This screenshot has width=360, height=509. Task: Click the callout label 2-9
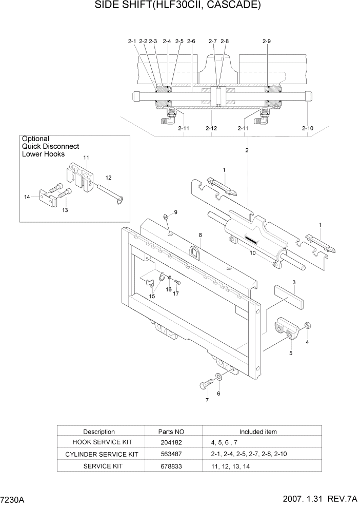(x=266, y=41)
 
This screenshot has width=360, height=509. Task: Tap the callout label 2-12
(x=211, y=128)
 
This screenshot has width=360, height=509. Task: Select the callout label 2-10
(x=307, y=128)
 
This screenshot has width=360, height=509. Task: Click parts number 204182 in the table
(x=170, y=442)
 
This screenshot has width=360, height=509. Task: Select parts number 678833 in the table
(x=170, y=465)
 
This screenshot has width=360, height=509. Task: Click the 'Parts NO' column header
(x=170, y=432)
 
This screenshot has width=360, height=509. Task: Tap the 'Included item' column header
(x=258, y=432)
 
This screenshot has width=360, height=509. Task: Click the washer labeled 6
(x=219, y=378)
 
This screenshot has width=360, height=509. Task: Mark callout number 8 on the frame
(x=200, y=235)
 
